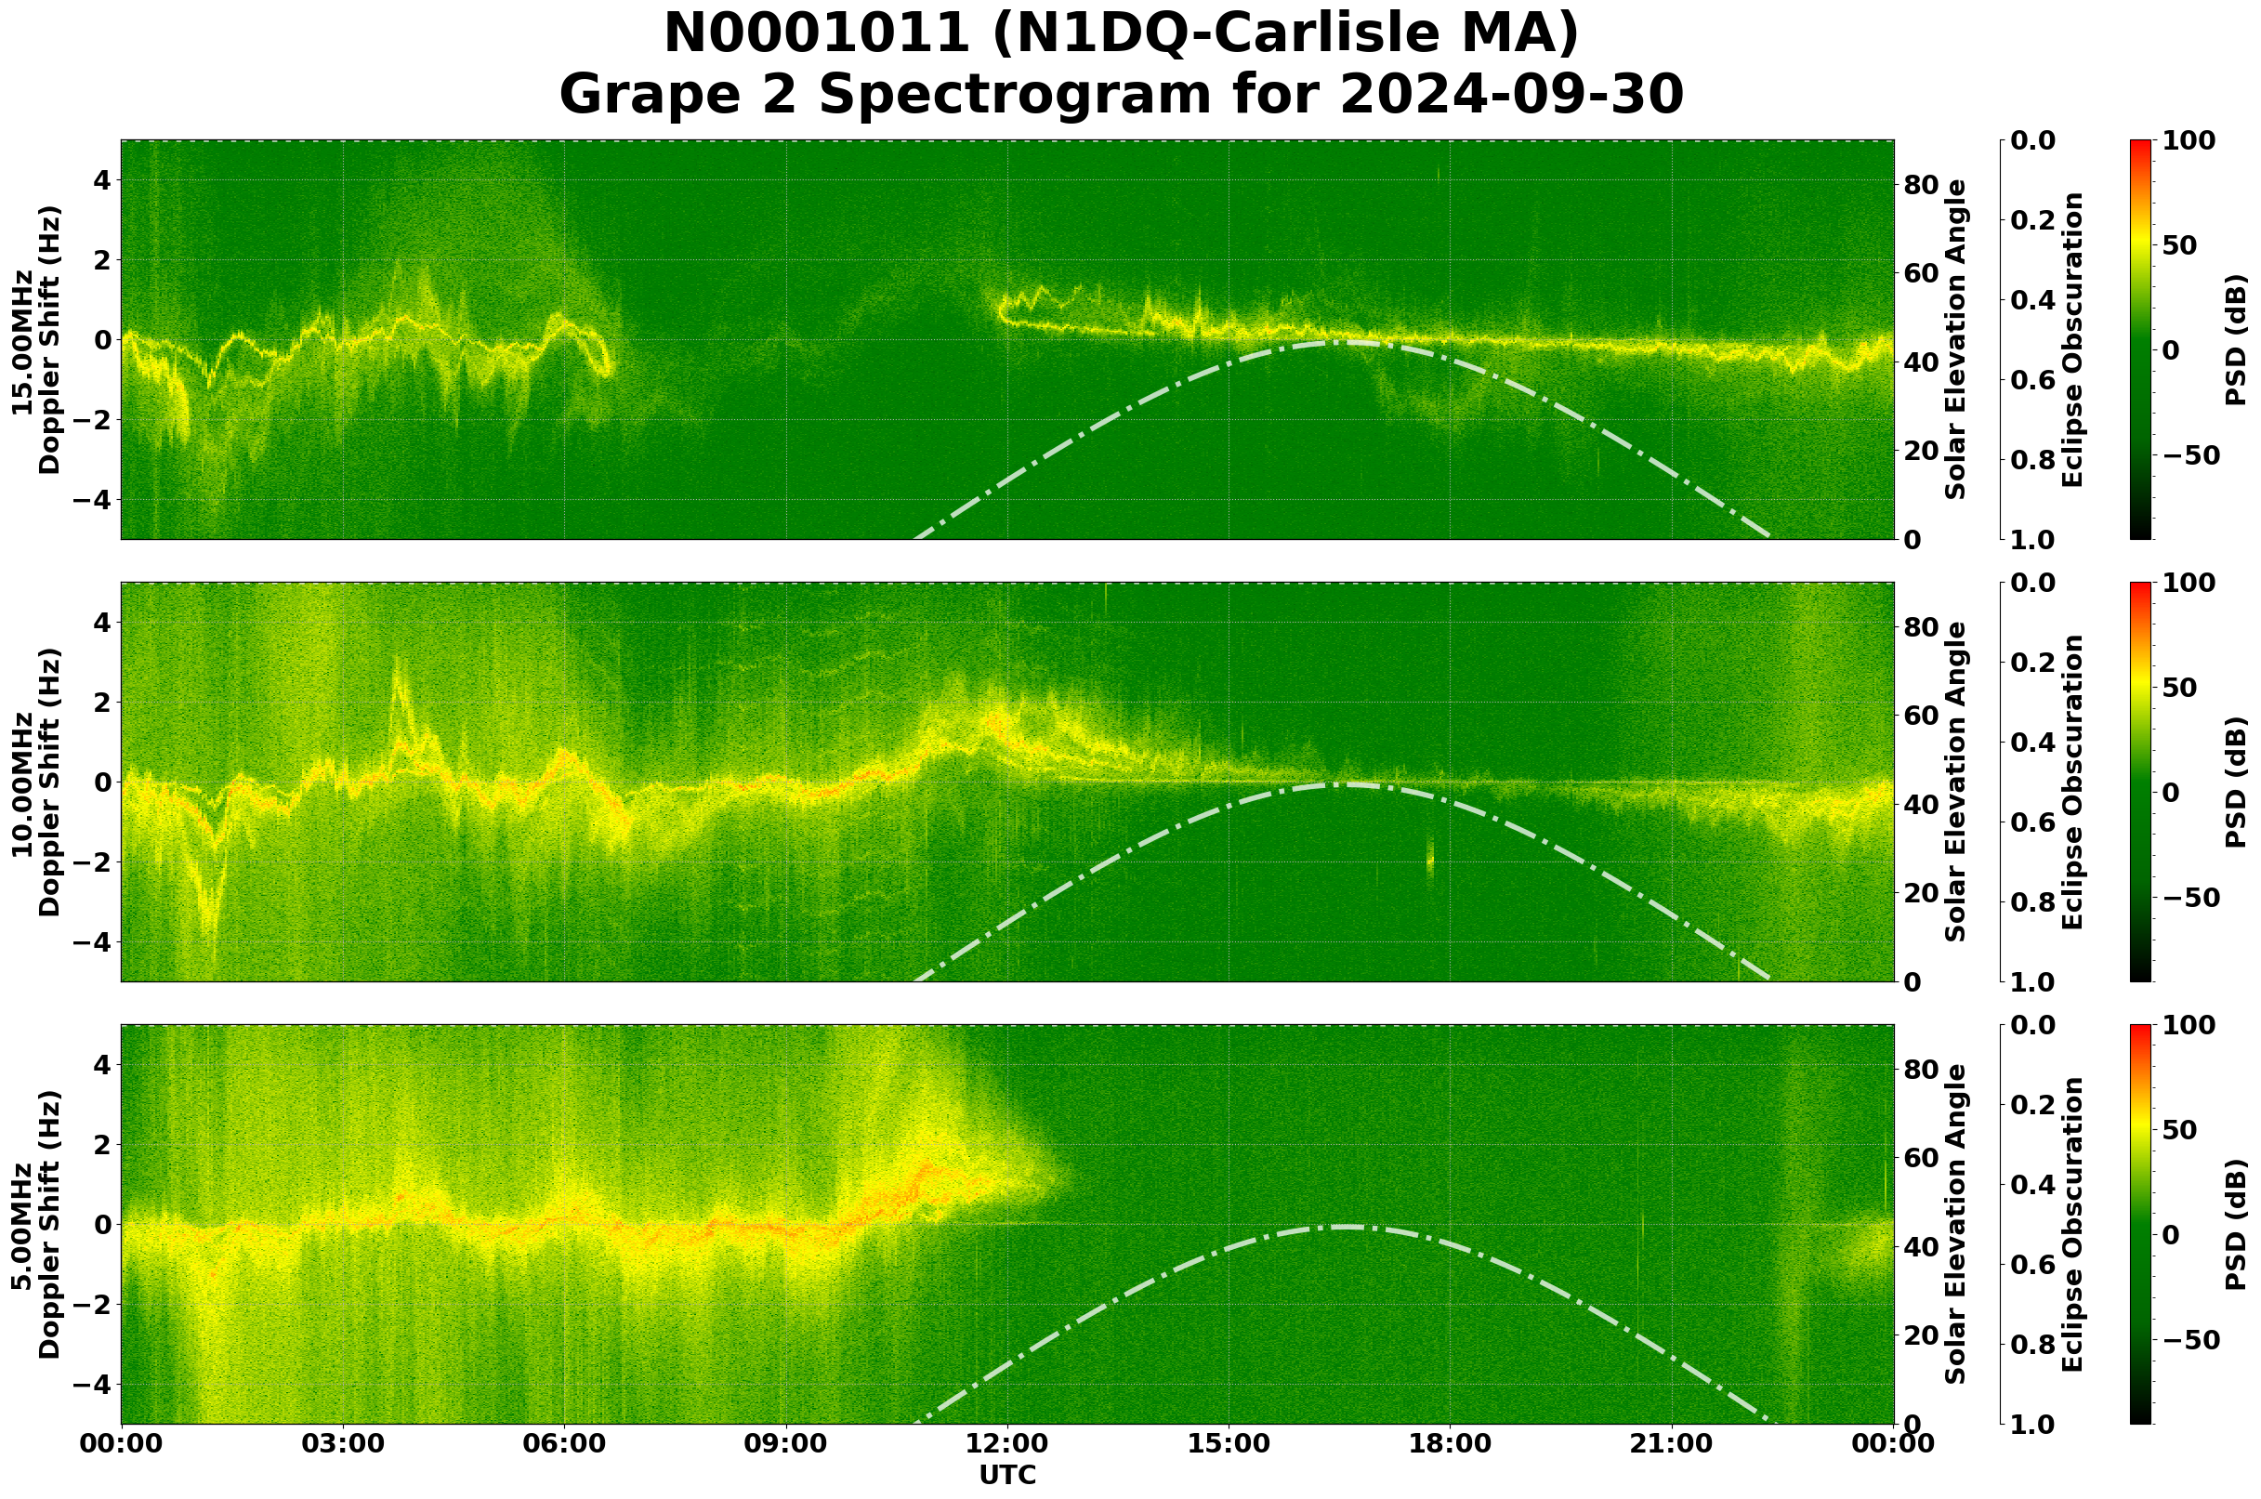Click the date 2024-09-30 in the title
coord(1511,95)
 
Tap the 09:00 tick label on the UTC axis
coord(786,1442)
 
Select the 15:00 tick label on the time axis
coord(1229,1442)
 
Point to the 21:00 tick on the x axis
coord(1671,1442)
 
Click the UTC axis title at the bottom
coord(1007,1474)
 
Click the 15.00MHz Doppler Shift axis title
coord(36,339)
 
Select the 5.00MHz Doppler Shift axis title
coord(36,1224)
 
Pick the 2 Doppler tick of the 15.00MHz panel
coord(101,259)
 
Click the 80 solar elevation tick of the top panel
coord(1921,185)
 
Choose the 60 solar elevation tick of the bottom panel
coord(1921,1158)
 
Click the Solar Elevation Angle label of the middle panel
coord(1957,782)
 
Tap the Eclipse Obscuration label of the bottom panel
coord(2071,1224)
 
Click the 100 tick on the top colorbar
coord(2188,140)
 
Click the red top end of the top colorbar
coord(2140,142)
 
